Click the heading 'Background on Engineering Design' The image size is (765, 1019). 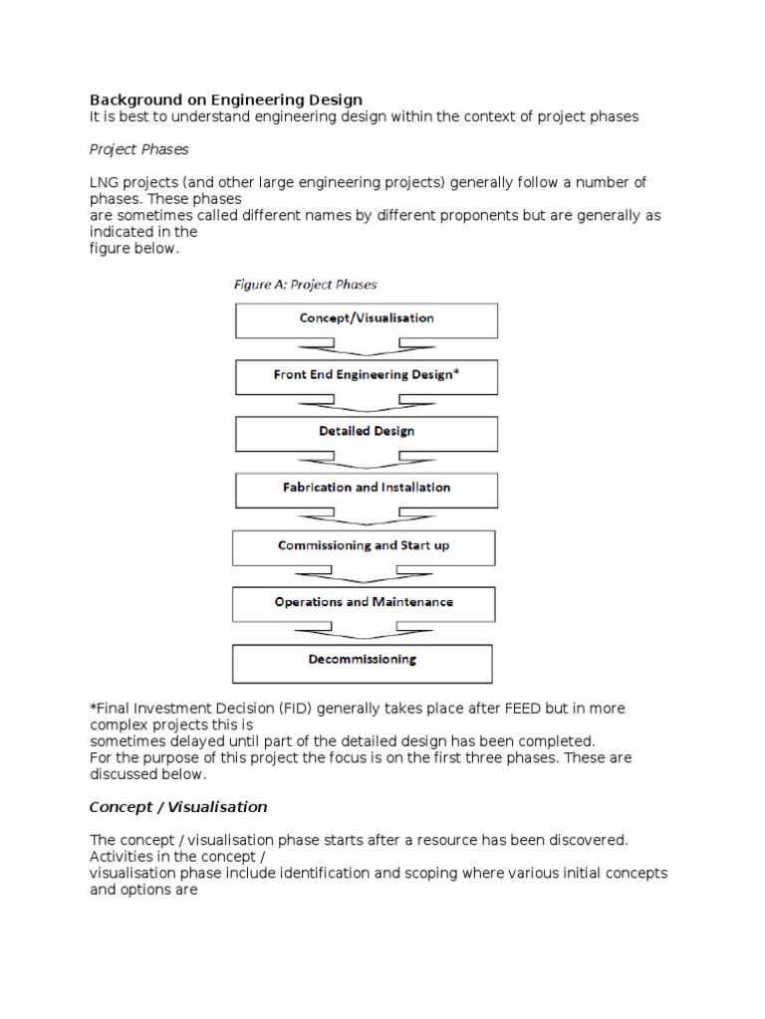click(x=226, y=100)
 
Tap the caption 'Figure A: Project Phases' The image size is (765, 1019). click(x=305, y=285)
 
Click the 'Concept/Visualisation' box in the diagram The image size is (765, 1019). click(x=366, y=319)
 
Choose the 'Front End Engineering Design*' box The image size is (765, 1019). click(x=366, y=376)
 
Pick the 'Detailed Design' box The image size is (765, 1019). click(x=366, y=433)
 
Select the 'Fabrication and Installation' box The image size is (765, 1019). click(x=366, y=489)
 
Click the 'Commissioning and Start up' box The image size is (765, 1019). click(x=364, y=546)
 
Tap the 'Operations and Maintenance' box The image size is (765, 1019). click(x=364, y=603)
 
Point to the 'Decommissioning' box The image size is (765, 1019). click(x=363, y=661)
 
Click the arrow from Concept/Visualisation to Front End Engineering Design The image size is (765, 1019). click(x=366, y=348)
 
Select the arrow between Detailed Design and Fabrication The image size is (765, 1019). click(x=366, y=462)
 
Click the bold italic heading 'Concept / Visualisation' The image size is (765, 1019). click(x=178, y=807)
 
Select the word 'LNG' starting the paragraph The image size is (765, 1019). click(x=105, y=182)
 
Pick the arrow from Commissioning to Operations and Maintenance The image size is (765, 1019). click(x=364, y=575)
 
